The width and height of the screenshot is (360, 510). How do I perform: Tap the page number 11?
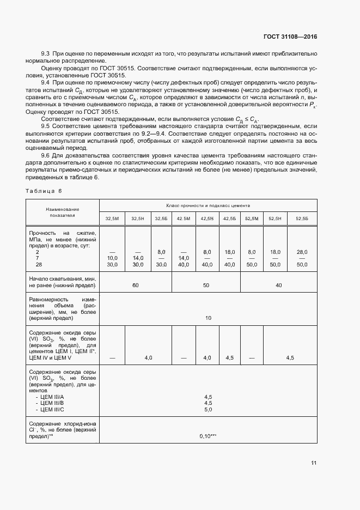(x=314, y=463)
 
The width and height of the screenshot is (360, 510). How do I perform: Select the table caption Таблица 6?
(x=44, y=191)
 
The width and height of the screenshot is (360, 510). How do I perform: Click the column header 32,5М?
(x=112, y=218)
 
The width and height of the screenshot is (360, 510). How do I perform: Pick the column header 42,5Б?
(x=229, y=218)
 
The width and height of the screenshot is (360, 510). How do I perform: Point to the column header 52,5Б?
(x=302, y=218)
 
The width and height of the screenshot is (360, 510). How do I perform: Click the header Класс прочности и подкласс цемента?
(x=208, y=205)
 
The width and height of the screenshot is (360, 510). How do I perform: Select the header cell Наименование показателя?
(x=63, y=212)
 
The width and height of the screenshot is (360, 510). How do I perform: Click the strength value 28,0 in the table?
(x=302, y=252)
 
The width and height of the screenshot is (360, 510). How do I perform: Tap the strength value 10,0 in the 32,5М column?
(x=112, y=258)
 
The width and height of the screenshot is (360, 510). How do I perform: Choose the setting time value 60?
(x=136, y=285)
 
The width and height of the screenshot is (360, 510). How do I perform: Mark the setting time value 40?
(x=279, y=285)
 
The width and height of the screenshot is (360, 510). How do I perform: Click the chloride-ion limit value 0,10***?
(x=208, y=436)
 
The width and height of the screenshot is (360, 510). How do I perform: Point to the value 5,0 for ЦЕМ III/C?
(x=208, y=409)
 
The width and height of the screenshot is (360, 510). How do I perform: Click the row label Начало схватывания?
(x=61, y=278)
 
